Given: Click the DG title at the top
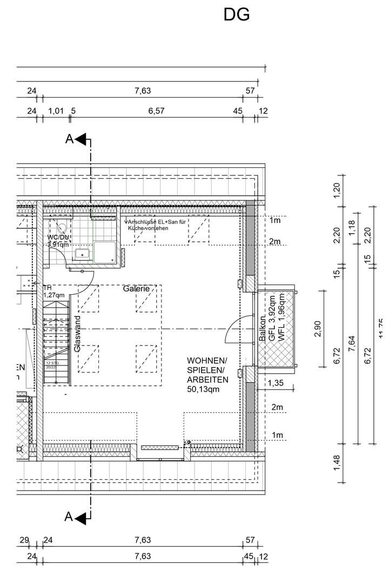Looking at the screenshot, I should coord(237,15).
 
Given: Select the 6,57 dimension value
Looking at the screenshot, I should coord(156,111).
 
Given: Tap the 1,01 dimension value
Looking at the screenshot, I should coord(56,111).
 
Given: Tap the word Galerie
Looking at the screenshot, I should coord(136,289).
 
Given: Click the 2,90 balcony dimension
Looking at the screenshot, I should coord(317,329).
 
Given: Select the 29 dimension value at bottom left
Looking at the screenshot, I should coord(24,540).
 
